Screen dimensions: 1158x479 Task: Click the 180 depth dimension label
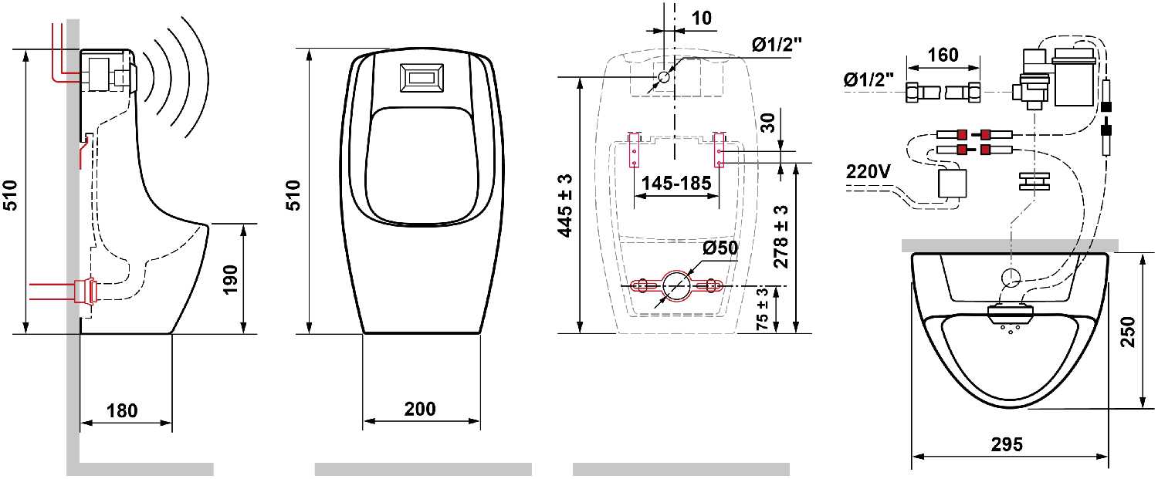click(x=122, y=411)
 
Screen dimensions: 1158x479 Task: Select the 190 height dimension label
click(x=230, y=279)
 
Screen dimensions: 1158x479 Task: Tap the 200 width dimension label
click(x=420, y=409)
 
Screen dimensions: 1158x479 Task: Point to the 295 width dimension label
click(x=1007, y=444)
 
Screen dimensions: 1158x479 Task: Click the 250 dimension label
click(x=1129, y=332)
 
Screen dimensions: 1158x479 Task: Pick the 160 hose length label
click(x=943, y=55)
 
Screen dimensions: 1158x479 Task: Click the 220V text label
click(x=868, y=171)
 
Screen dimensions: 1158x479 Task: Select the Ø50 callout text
click(x=720, y=248)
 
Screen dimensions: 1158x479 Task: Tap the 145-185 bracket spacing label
click(x=676, y=183)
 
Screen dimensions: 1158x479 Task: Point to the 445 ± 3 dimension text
click(x=565, y=206)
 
